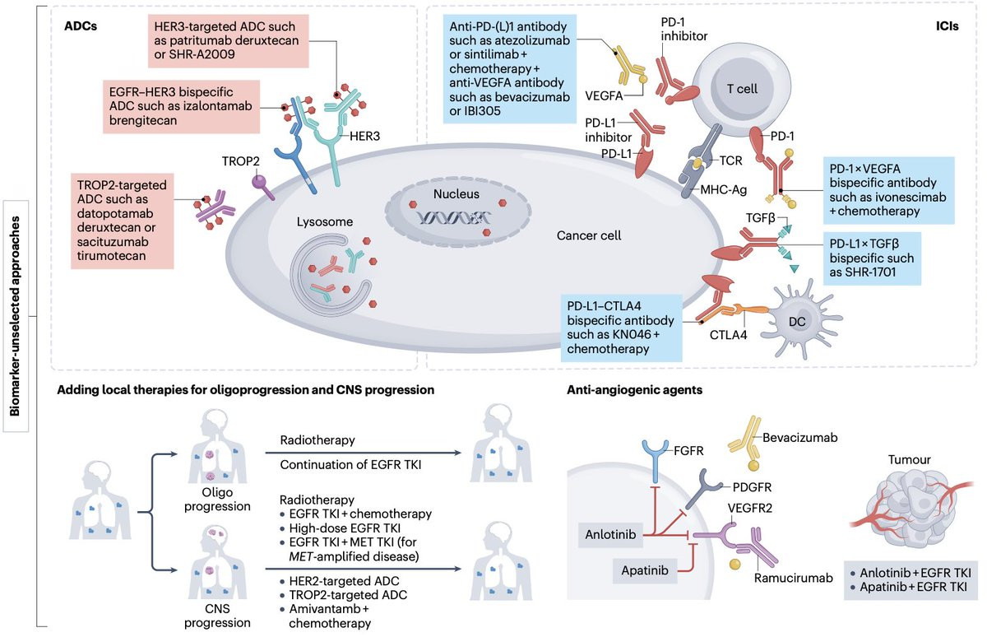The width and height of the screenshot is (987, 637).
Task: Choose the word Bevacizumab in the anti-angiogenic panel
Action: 806,438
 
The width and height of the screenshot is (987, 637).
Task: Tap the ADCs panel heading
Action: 81,25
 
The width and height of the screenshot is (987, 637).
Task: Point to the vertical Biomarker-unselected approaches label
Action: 16,317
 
